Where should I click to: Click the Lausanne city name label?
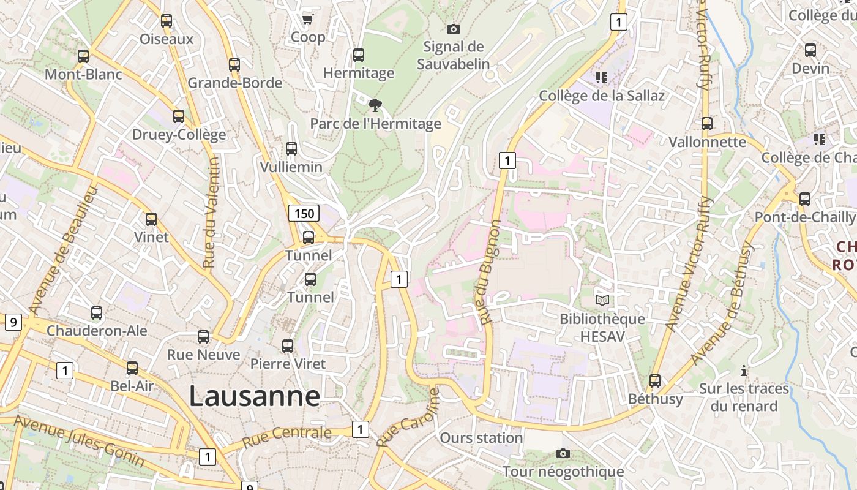click(254, 396)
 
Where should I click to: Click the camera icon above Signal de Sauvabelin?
click(453, 29)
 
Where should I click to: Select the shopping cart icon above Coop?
click(307, 20)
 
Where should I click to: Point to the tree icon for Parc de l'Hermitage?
click(375, 105)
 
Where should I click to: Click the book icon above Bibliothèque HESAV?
click(602, 300)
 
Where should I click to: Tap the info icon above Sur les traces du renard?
click(744, 371)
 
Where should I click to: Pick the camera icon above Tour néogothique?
click(563, 453)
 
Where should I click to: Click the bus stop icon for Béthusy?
click(655, 381)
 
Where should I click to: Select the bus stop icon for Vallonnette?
click(707, 124)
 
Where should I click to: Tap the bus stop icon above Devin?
click(810, 50)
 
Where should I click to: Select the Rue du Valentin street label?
click(210, 213)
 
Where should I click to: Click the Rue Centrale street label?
click(286, 437)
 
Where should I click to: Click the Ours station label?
click(481, 438)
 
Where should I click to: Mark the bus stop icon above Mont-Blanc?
click(83, 56)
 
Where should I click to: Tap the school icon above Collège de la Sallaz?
click(601, 77)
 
